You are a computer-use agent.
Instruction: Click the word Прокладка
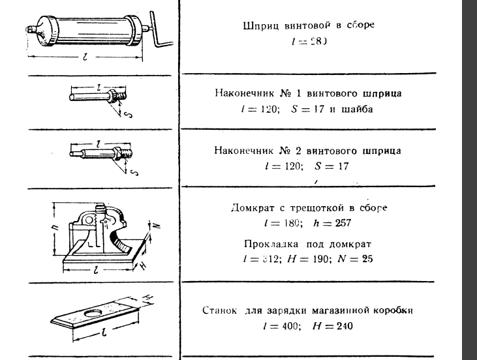tap(264, 243)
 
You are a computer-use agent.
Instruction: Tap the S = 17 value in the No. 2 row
tap(330, 166)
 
